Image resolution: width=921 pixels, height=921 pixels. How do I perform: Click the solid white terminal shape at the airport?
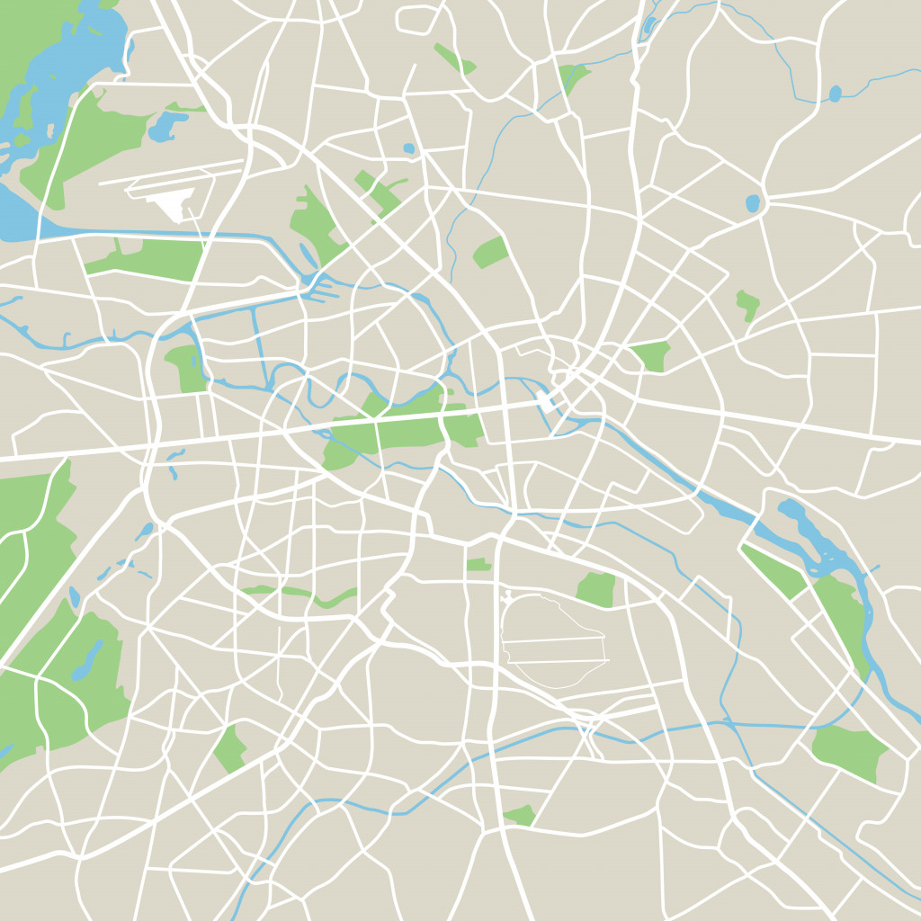click(x=170, y=205)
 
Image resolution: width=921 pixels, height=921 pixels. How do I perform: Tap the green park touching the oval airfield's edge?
click(x=596, y=589)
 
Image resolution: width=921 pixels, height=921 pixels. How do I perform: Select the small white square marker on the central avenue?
click(x=544, y=400)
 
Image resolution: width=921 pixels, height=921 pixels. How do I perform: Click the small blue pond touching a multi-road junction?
click(x=752, y=203)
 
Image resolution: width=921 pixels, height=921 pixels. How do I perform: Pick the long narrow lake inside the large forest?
click(x=87, y=661)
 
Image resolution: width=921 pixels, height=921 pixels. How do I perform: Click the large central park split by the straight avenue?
click(x=405, y=430)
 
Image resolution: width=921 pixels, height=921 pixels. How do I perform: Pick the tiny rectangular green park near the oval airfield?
click(x=478, y=565)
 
